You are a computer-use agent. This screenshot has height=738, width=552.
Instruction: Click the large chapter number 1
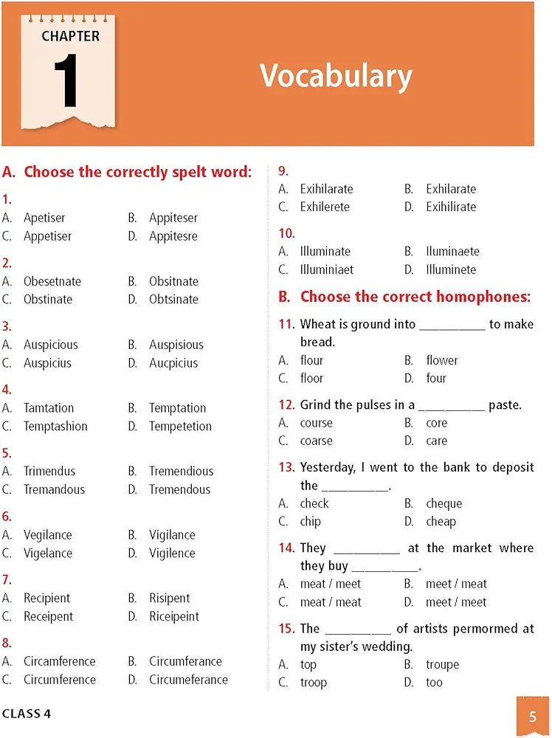point(66,81)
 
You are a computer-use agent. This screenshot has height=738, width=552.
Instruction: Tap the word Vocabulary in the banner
point(336,76)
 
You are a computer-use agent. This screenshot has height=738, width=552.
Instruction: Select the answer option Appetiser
point(47,236)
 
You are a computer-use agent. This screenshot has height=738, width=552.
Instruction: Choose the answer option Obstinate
point(47,299)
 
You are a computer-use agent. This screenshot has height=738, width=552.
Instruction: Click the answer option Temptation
point(177,408)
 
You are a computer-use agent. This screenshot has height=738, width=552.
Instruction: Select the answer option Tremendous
point(179,489)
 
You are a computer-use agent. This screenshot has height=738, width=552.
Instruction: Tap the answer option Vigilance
point(172,534)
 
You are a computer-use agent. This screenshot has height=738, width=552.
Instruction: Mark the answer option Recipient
point(46,598)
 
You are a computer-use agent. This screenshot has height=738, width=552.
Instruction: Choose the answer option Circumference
point(60,679)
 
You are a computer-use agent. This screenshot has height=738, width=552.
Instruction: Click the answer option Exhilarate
point(451,189)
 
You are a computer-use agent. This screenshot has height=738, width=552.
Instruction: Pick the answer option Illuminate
point(325,252)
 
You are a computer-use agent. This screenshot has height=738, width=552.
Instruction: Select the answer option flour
point(311,360)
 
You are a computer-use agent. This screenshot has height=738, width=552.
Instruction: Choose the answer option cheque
point(444,503)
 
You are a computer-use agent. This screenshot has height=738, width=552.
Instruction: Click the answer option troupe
point(442,664)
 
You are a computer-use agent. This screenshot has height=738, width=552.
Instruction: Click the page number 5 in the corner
point(532,717)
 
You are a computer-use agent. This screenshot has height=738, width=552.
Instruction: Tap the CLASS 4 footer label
point(27,714)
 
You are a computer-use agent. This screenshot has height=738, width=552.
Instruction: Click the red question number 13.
point(286,467)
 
